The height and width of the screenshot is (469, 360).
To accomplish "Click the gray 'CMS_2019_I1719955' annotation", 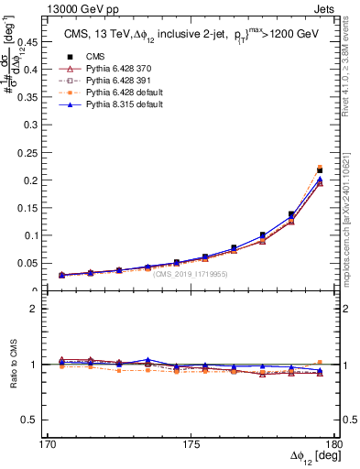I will tap(191, 273).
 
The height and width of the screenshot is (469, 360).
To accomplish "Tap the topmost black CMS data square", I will tap(320, 170).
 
